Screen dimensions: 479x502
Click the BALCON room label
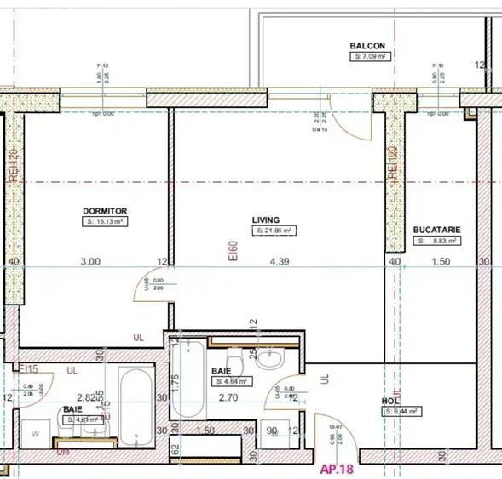pos(367,46)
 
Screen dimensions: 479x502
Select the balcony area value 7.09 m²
pos(371,56)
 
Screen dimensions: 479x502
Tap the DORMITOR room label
pos(105,210)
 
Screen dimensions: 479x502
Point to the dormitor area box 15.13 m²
pos(105,221)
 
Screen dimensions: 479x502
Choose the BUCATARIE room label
pos(436,230)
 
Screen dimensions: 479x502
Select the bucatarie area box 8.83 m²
pos(441,241)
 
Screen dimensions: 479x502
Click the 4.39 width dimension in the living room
pos(280,262)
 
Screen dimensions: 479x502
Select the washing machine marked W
pos(34,434)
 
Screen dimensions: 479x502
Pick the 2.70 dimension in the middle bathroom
pos(228,396)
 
